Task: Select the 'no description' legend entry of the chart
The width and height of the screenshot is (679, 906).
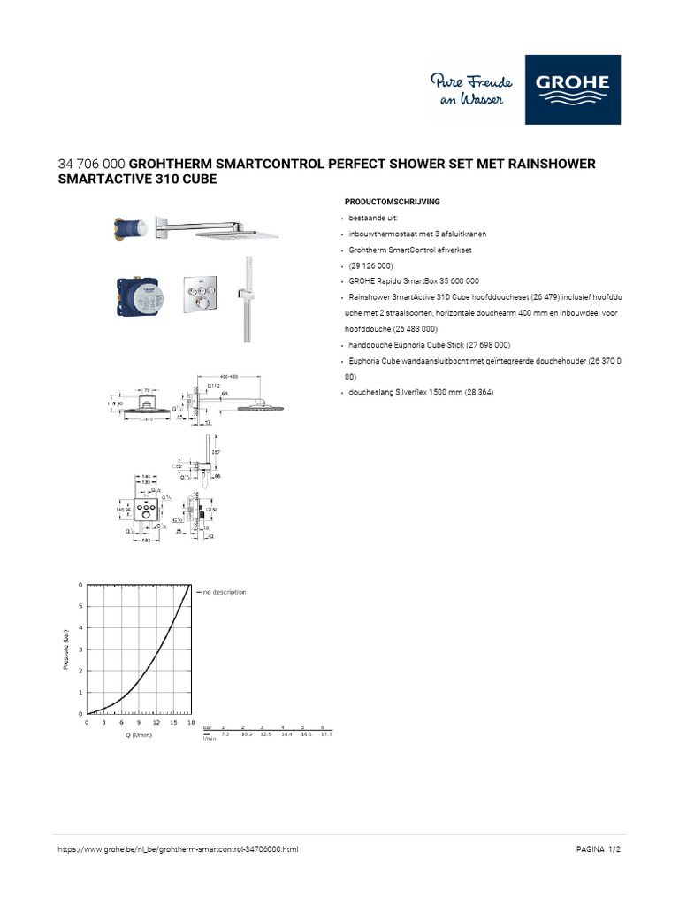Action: [x=224, y=591]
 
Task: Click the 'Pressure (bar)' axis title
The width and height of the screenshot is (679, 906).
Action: [x=66, y=649]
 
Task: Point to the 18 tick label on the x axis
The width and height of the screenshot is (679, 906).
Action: [x=191, y=723]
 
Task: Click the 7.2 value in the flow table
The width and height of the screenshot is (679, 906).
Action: [x=225, y=733]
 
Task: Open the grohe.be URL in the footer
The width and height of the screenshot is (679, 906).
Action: [x=178, y=848]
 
